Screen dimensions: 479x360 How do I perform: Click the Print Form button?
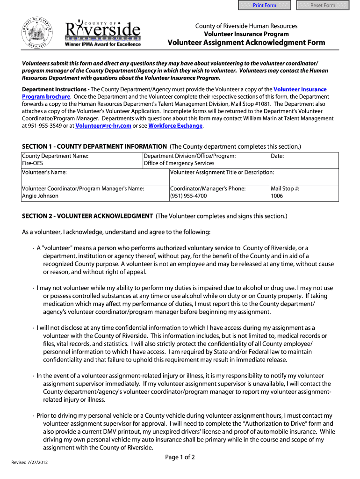[x=265, y=5]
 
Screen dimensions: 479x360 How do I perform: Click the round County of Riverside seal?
[x=36, y=33]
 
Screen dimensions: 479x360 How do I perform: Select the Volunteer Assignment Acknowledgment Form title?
[x=246, y=43]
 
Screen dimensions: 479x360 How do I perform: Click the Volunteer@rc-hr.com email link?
[x=103, y=126]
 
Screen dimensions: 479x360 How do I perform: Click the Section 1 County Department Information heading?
[x=94, y=146]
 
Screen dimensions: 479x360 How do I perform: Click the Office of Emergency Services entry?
[x=179, y=163]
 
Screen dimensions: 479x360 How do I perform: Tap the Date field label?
[x=277, y=156]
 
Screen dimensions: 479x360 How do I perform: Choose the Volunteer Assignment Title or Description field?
[x=253, y=177]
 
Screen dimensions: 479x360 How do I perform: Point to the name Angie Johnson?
[x=40, y=196]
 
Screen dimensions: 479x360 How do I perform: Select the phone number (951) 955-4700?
[x=188, y=196]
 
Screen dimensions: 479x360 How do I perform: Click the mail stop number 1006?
[x=277, y=196]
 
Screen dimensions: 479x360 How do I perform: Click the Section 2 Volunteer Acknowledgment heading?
[x=87, y=216]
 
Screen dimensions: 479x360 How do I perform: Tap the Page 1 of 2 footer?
[x=180, y=457]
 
